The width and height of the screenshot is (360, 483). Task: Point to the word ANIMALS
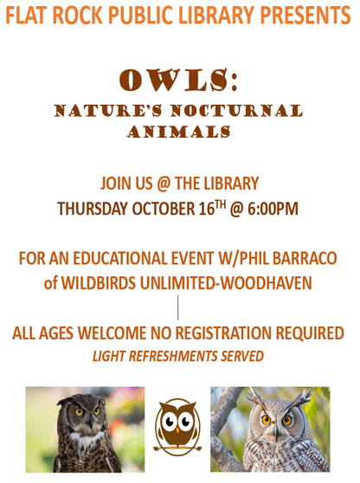179,132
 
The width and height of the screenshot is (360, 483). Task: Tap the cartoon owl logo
178,427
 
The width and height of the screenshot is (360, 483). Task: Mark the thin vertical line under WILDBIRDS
178,306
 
